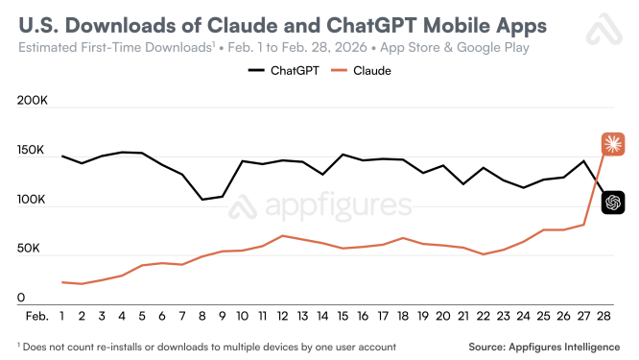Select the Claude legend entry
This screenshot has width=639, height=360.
pyautogui.click(x=362, y=71)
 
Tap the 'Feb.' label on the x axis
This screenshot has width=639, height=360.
pyautogui.click(x=37, y=315)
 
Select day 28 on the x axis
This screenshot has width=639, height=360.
pyautogui.click(x=603, y=315)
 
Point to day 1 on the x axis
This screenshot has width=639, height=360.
pyautogui.click(x=62, y=315)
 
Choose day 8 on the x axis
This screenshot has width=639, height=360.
pyautogui.click(x=202, y=315)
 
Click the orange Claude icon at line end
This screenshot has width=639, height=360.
pyautogui.click(x=613, y=145)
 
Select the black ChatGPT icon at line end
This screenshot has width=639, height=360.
pyautogui.click(x=613, y=203)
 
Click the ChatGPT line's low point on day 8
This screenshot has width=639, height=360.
pyautogui.click(x=202, y=200)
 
